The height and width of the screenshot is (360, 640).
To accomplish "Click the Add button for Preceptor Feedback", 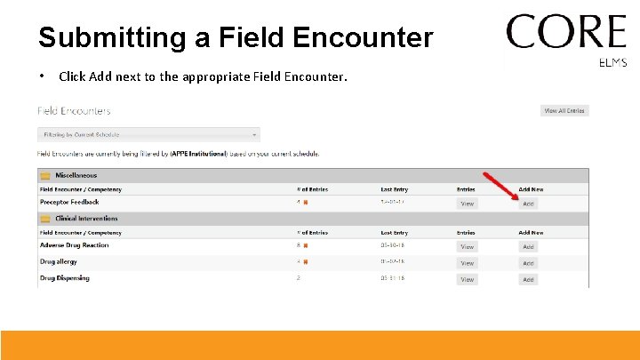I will coord(528,204).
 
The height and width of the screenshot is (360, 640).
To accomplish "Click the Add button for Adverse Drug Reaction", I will coord(528,246).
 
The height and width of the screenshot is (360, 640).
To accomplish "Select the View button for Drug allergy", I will coord(467,263).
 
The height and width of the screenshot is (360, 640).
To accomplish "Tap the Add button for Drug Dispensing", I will coord(528,279).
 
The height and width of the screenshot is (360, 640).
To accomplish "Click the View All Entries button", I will coord(564,111).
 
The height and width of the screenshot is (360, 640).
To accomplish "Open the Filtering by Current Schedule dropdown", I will coord(148,135).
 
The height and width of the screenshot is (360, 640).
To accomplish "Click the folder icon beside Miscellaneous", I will coord(45,176).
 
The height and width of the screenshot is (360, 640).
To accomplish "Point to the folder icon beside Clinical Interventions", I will coord(45,219).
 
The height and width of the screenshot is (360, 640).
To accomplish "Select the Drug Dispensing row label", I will coord(64,278).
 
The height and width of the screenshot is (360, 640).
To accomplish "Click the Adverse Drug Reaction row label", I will coord(74,245).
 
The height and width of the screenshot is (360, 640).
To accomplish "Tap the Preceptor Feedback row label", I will coord(69,203).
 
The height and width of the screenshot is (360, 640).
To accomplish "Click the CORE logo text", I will coord(566,33).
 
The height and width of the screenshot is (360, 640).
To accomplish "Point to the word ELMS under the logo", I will coord(613,63).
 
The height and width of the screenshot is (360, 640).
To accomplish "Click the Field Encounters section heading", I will coord(74,111).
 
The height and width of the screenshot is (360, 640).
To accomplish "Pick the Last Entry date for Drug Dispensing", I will coord(392,278).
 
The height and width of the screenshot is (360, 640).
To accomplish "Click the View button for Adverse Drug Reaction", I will coord(467,246).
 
